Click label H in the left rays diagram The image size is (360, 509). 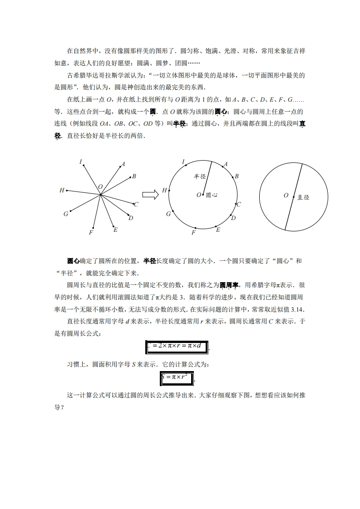pyautogui.click(x=62, y=191)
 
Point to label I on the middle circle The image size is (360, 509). pyautogui.click(x=183, y=162)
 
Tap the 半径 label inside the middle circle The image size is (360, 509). pyautogui.click(x=200, y=176)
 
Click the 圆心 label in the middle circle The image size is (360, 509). pyautogui.click(x=212, y=195)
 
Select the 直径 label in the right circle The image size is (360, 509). pyautogui.click(x=303, y=197)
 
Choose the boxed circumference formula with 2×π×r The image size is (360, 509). pyautogui.click(x=177, y=347)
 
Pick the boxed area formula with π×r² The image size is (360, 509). pyautogui.click(x=177, y=378)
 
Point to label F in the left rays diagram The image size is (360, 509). pyautogui.click(x=91, y=233)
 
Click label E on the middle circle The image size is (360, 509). pyautogui.click(x=218, y=230)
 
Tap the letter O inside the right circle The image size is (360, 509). pyautogui.click(x=286, y=196)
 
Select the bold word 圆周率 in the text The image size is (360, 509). pyautogui.click(x=229, y=285)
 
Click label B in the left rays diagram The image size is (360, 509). pyautogui.click(x=134, y=176)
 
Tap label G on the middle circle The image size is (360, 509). pyautogui.click(x=168, y=214)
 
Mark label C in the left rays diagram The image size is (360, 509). pyautogui.click(x=136, y=205)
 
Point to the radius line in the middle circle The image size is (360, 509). pyautogui.click(x=207, y=177)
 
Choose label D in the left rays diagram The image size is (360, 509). pyautogui.click(x=131, y=218)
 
